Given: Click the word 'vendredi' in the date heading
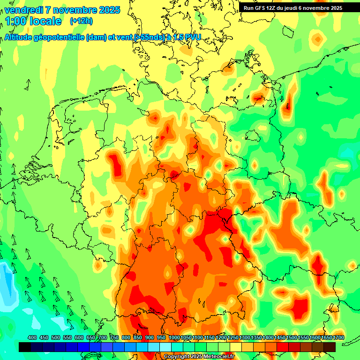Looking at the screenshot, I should tap(23, 10).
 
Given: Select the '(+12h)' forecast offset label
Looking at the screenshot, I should tap(81, 21).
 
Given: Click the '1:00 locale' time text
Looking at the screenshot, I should tap(33, 21).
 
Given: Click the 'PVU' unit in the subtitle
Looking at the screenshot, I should tap(191, 37).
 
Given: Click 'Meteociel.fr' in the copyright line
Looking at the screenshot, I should tap(217, 357).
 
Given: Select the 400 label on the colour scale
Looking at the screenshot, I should tap(32, 338).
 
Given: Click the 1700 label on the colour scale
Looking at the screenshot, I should tap(326, 338).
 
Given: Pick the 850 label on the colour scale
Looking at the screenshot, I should tap(138, 338).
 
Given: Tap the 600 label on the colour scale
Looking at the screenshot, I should tap(79, 338).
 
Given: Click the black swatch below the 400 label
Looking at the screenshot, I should tap(25, 347).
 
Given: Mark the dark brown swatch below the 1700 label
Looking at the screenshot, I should tap(330, 347).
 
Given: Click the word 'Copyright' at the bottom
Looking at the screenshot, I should tap(176, 357).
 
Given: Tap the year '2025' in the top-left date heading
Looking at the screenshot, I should tap(106, 10).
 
